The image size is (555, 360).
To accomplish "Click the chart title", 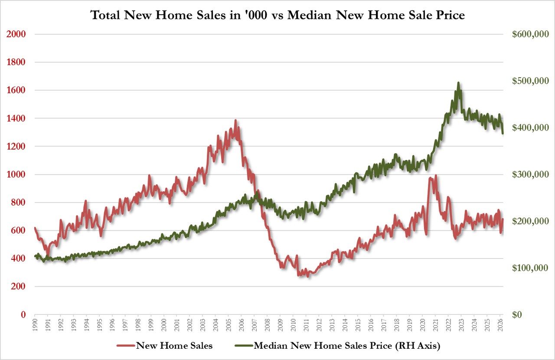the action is (x=277, y=15).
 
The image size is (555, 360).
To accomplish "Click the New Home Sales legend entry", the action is (x=164, y=346).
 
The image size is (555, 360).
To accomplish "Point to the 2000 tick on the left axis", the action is (x=16, y=34).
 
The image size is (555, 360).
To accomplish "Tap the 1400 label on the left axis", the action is (x=16, y=118).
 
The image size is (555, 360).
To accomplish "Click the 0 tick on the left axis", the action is (x=23, y=314).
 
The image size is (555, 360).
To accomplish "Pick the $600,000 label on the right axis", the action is (x=530, y=34).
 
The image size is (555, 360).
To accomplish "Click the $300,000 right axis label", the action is (x=530, y=174).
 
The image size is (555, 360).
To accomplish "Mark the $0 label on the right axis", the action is (x=517, y=314).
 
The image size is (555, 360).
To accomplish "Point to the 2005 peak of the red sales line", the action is (x=235, y=121).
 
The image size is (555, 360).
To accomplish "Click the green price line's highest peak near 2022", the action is (x=458, y=83).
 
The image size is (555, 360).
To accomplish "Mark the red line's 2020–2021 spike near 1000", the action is (x=436, y=176).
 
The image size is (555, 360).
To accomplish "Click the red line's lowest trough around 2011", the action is (x=308, y=276).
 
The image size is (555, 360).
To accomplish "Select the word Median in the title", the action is (x=309, y=15).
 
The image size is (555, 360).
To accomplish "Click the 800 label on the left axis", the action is (x=19, y=202).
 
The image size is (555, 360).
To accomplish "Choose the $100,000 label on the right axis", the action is (x=530, y=268).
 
